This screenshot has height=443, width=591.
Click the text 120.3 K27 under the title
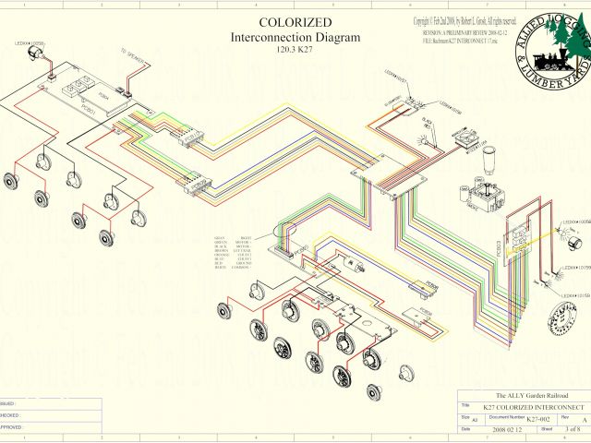coord(295,52)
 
